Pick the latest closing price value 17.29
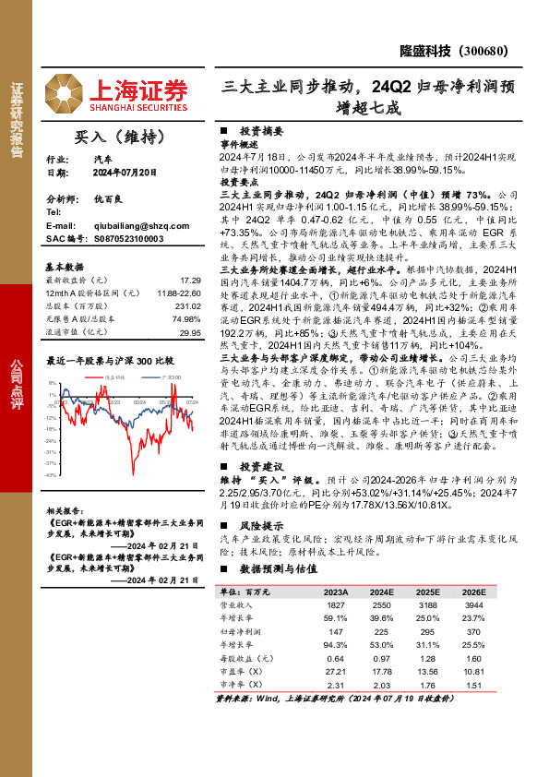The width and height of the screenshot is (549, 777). [x=190, y=279]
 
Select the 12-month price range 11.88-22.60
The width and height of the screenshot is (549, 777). [x=178, y=292]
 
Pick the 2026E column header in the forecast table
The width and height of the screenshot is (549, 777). [x=472, y=591]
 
